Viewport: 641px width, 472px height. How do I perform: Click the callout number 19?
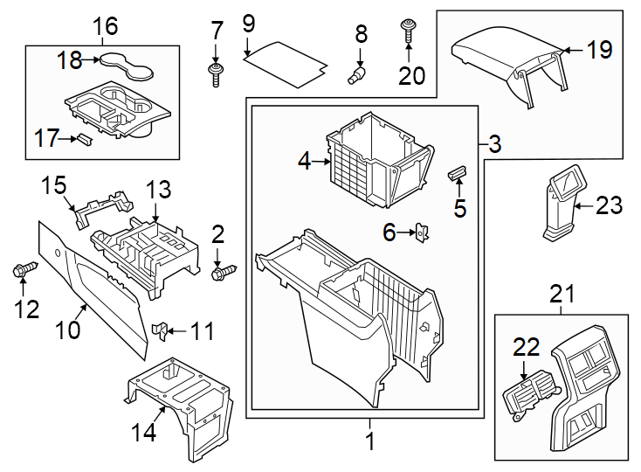click(x=600, y=50)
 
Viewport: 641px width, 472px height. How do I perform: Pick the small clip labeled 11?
click(x=159, y=330)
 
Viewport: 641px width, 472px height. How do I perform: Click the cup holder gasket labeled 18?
click(x=122, y=61)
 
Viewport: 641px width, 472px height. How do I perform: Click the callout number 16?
click(x=105, y=25)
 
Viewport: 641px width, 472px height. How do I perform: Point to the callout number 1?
click(x=369, y=442)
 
